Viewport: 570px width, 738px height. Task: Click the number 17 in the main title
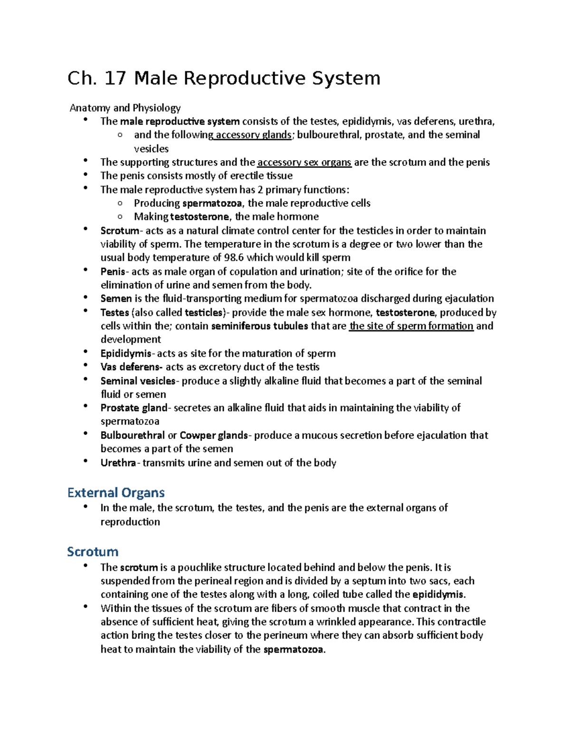[x=115, y=78]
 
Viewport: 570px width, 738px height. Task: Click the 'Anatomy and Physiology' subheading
[x=125, y=108]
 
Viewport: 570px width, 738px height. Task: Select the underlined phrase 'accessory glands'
[x=253, y=135]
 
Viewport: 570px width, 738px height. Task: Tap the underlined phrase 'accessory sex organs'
[x=304, y=163]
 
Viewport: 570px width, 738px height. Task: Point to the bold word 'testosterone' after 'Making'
[x=199, y=217]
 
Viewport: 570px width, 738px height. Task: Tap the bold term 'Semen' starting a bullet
[x=116, y=299]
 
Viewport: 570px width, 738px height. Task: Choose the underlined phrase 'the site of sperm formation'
[x=411, y=326]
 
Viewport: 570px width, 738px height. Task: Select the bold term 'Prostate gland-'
[x=135, y=408]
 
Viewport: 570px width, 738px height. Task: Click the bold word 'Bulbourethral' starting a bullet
[x=133, y=436]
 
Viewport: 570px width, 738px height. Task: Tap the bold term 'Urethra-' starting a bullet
[x=120, y=463]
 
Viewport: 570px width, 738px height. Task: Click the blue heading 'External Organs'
[x=116, y=493]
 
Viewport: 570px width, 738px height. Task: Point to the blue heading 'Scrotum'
[x=93, y=552]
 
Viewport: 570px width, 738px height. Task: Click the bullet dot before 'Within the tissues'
[x=85, y=606]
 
